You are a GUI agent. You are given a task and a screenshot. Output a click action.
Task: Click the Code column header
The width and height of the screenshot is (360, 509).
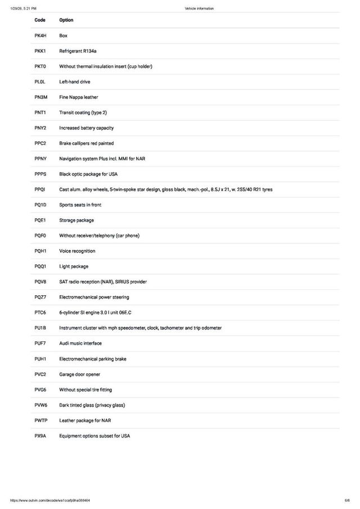click(x=40, y=20)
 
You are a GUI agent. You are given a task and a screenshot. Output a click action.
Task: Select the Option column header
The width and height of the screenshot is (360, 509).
click(x=66, y=20)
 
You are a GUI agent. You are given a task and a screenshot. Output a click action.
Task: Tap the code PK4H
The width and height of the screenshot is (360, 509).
click(x=40, y=35)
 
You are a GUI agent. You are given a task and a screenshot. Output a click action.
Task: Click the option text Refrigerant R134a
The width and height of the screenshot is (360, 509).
click(x=78, y=51)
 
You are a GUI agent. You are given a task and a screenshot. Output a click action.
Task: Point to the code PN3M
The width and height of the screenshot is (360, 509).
click(x=40, y=97)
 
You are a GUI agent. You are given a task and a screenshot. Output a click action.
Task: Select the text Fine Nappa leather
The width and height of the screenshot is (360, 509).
click(x=79, y=97)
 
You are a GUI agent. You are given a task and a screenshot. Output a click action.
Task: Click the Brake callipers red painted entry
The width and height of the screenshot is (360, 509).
click(x=86, y=143)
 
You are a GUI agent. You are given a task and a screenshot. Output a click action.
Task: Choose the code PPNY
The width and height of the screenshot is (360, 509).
click(x=40, y=159)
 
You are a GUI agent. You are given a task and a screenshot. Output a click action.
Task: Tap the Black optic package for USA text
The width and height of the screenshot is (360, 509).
click(x=88, y=174)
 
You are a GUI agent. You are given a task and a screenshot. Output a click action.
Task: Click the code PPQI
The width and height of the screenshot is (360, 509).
click(x=40, y=190)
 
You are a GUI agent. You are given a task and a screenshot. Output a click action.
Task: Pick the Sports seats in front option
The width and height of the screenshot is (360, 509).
click(x=80, y=205)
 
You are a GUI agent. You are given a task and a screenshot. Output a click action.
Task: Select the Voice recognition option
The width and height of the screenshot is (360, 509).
click(x=77, y=251)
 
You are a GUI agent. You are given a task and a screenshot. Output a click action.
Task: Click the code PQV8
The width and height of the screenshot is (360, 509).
click(x=40, y=282)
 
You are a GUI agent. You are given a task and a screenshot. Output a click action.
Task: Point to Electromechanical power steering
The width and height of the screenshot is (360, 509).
click(x=94, y=297)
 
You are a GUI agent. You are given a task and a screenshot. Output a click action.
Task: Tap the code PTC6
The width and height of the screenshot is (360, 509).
click(x=40, y=312)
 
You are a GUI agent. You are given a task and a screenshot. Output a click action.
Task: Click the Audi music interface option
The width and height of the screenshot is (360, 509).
click(x=80, y=343)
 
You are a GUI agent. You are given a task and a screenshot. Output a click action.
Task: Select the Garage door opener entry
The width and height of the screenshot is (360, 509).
click(x=79, y=374)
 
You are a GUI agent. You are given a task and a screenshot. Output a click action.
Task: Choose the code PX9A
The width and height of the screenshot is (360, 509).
click(x=40, y=436)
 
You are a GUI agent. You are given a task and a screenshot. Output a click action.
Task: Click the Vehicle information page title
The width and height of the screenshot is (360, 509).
click(x=199, y=8)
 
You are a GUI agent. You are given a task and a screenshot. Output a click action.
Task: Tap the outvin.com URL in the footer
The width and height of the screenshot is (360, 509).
click(x=50, y=501)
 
